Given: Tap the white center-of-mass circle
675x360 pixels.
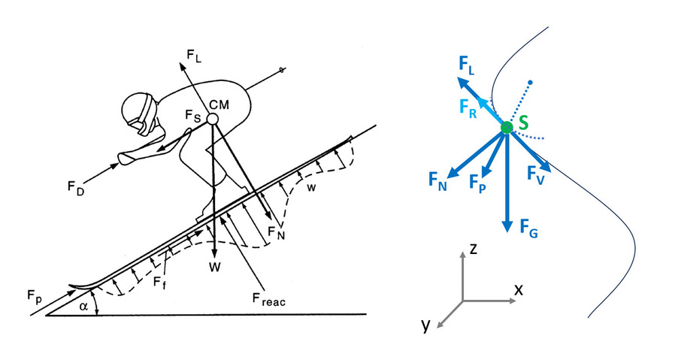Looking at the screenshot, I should pyautogui.click(x=212, y=119).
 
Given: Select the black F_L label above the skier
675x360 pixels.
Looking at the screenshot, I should pyautogui.click(x=194, y=55).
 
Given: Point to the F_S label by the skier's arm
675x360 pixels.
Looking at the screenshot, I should pyautogui.click(x=194, y=117).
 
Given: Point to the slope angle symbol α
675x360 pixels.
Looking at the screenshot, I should pyautogui.click(x=83, y=307).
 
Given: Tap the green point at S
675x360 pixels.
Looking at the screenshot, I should pyautogui.click(x=507, y=128).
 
